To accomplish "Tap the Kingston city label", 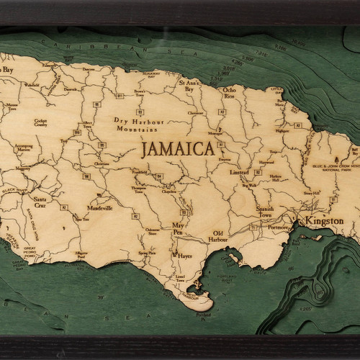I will pos(323,221).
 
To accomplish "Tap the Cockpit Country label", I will pos(45,122).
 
